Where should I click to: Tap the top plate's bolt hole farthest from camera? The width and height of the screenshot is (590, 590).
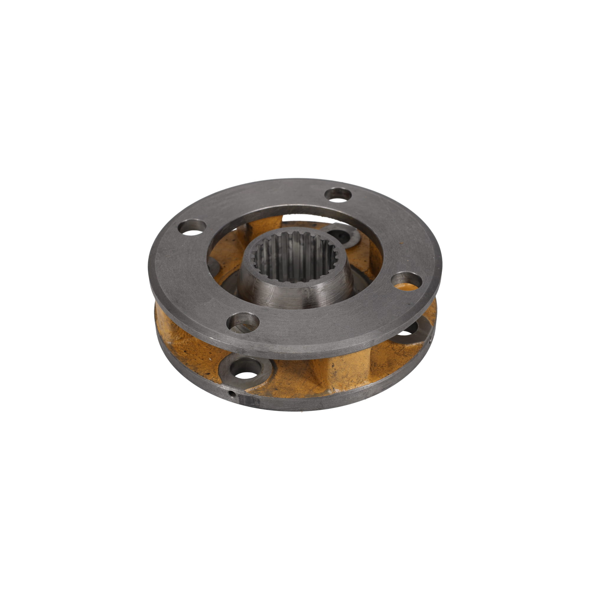[x=338, y=195]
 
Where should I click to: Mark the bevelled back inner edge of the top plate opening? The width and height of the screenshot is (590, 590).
[x=293, y=209]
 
